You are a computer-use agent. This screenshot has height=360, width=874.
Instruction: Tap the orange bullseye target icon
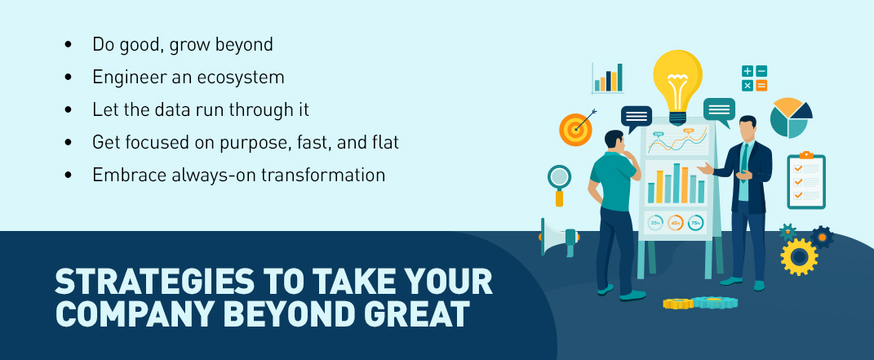(575, 129)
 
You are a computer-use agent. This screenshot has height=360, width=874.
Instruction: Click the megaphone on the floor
(559, 237)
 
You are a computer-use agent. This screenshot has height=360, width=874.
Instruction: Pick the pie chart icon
(791, 118)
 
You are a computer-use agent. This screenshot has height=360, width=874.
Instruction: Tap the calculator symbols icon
(754, 78)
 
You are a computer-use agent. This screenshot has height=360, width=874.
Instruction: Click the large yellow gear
(799, 256)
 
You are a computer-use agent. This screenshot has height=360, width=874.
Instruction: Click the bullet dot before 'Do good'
(68, 44)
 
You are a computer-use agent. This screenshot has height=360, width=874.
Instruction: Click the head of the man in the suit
(747, 128)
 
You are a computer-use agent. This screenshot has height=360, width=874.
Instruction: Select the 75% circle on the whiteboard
(695, 223)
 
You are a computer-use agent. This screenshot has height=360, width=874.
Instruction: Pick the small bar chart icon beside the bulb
(608, 78)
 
